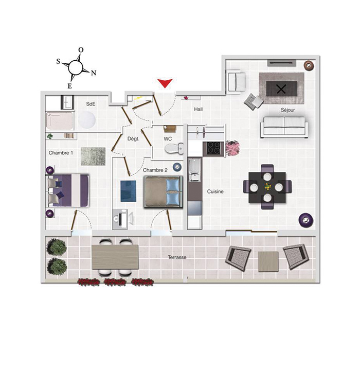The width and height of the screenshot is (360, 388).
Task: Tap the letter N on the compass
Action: [x=94, y=73]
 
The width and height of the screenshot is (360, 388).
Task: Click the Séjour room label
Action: [x=289, y=110]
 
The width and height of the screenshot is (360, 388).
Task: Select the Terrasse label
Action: [x=176, y=257]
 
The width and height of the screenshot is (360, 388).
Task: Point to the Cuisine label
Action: [x=215, y=191]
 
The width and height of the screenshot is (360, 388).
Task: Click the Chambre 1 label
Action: [x=61, y=153]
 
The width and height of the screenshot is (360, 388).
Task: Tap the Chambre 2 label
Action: [x=155, y=170]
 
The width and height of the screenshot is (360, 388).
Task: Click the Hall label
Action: [x=198, y=110]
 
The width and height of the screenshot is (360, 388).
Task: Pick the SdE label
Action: [x=91, y=103]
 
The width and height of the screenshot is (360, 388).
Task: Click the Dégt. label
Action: [x=133, y=138]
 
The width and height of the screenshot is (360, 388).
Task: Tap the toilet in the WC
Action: [x=174, y=149]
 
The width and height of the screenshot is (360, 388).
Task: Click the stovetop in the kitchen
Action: [x=213, y=148]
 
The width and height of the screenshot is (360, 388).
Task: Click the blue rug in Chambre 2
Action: [x=129, y=191]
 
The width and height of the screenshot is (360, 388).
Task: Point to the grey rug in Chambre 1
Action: [x=93, y=156]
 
